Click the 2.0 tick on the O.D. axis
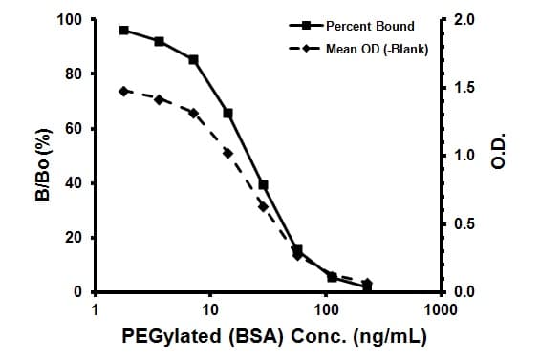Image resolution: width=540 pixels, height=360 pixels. [x=461, y=20]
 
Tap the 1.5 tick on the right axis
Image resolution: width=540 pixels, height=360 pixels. [x=461, y=88]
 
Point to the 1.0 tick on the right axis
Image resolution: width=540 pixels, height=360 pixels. [x=461, y=156]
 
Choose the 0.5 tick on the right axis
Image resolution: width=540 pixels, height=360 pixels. [x=461, y=224]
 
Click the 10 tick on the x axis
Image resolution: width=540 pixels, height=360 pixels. [x=210, y=310]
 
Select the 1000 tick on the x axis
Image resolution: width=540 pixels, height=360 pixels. [x=440, y=310]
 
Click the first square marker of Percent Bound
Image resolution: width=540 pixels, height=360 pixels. [x=124, y=31]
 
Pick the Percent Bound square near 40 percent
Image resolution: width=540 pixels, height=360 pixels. [x=263, y=184]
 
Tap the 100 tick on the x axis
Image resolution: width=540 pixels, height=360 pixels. [x=326, y=310]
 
